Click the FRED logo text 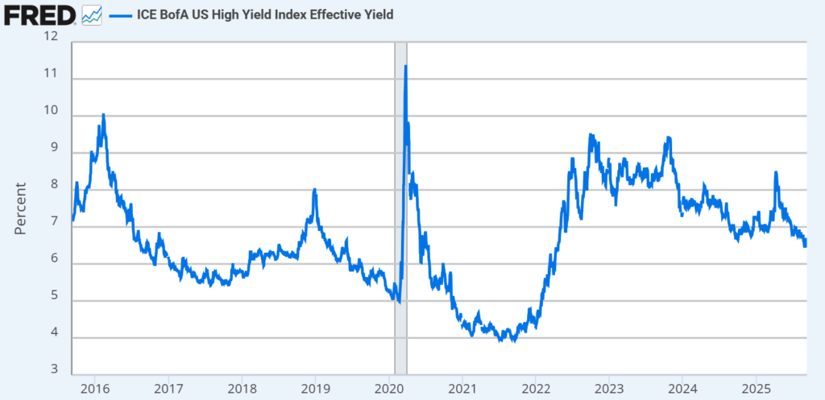(39, 14)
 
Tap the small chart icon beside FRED (91, 14)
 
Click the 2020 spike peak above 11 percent (405, 66)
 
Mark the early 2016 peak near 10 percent (103, 115)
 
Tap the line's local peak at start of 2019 (314, 189)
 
